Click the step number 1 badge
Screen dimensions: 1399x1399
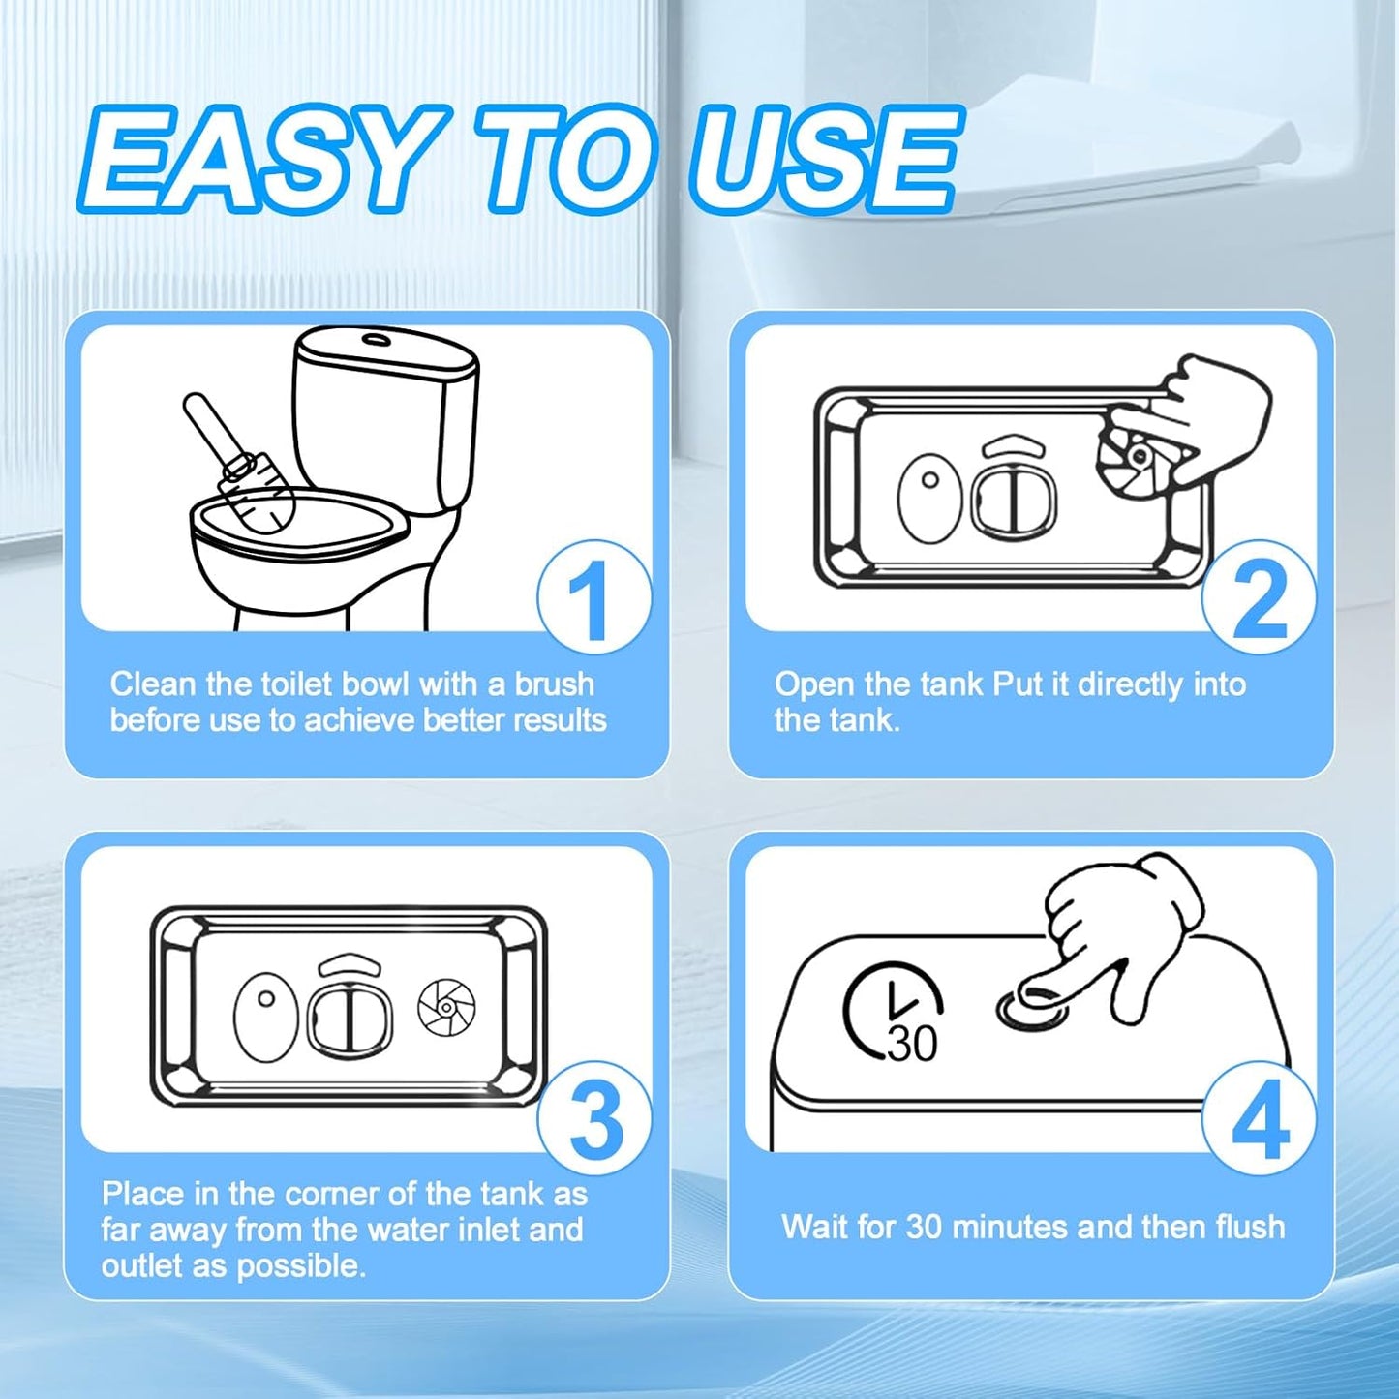point(593,597)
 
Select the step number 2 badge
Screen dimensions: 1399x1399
point(1259,597)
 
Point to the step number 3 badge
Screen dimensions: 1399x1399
point(593,1119)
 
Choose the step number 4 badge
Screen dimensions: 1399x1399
point(1259,1119)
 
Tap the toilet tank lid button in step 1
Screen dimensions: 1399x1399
point(376,337)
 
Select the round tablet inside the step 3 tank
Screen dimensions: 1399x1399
point(446,1008)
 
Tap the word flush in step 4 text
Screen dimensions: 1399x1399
point(1247,1227)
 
